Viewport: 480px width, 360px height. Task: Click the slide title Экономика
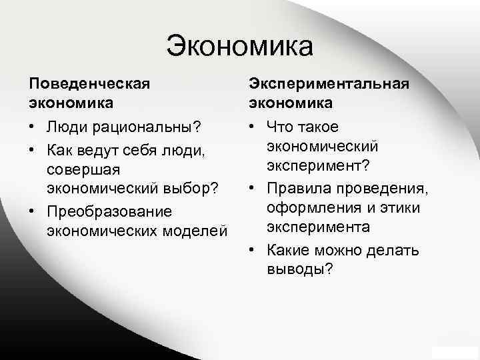click(x=239, y=47)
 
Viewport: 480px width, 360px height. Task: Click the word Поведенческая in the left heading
click(x=88, y=84)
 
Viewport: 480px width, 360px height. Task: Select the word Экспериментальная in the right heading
click(x=329, y=84)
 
